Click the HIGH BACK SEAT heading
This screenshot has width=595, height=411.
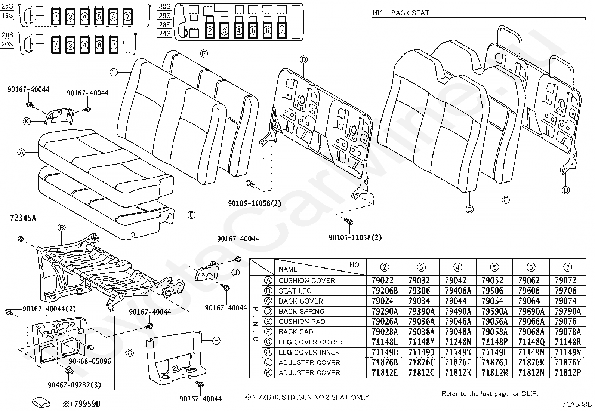pyautogui.click(x=400, y=13)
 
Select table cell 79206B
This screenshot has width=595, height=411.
pyautogui.click(x=385, y=291)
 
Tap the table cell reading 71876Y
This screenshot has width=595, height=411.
pyautogui.click(x=568, y=363)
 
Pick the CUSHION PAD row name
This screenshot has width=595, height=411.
pyautogui.click(x=302, y=322)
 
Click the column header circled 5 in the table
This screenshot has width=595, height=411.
pyautogui.click(x=494, y=267)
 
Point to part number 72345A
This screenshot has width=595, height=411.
pyautogui.click(x=23, y=218)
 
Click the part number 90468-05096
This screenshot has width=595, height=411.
pyautogui.click(x=90, y=361)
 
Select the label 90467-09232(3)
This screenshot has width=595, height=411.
pyautogui.click(x=74, y=385)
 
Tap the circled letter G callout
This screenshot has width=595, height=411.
pyautogui.click(x=130, y=353)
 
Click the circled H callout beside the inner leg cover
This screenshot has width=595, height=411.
pyautogui.click(x=216, y=341)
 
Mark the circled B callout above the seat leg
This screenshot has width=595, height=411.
pyautogui.click(x=61, y=228)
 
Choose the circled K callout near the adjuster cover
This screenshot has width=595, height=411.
pyautogui.click(x=27, y=122)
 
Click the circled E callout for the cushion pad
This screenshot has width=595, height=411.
pyautogui.click(x=191, y=215)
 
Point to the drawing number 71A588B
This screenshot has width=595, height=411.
pyautogui.click(x=577, y=404)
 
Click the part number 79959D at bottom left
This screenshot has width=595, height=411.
pyautogui.click(x=87, y=404)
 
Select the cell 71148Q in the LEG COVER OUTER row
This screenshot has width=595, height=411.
pyautogui.click(x=531, y=342)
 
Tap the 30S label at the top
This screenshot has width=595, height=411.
pyautogui.click(x=165, y=7)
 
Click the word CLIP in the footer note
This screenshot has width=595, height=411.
pyautogui.click(x=530, y=393)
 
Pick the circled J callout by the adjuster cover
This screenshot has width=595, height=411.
pyautogui.click(x=235, y=273)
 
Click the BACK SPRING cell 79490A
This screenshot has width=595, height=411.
pyautogui.click(x=458, y=311)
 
